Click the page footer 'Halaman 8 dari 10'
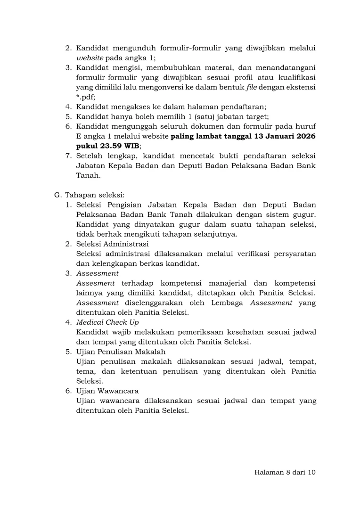click(x=284, y=473)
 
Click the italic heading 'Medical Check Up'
click(x=107, y=322)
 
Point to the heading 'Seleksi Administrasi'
click(x=113, y=244)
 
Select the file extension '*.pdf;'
click(x=86, y=97)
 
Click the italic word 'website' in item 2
click(x=90, y=58)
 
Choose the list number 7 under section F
click(x=68, y=156)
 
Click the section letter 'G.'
click(x=58, y=194)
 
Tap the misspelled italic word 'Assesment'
click(x=96, y=283)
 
